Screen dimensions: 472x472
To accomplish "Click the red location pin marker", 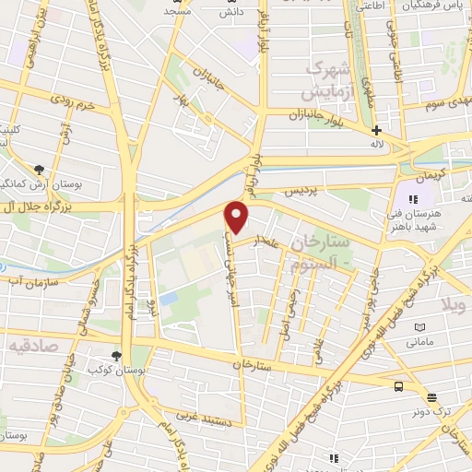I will point(237,217).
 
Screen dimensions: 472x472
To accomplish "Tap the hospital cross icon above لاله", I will point(376,130).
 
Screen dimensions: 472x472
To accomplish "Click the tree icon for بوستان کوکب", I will point(115,356).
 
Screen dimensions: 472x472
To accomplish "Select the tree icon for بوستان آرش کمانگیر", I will point(39,170).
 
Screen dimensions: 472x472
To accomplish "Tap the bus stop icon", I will point(399,386).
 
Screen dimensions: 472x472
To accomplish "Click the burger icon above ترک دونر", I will point(432,397).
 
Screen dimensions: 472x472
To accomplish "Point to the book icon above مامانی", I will point(420,327).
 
